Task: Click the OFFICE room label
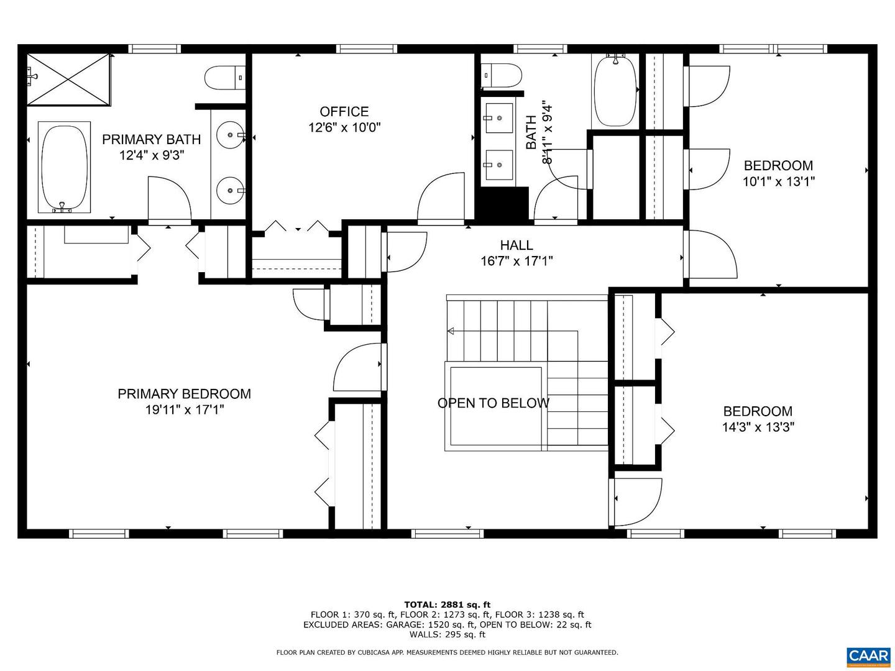point(344,111)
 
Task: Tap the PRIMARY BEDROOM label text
point(184,393)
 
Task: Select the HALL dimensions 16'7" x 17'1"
point(516,261)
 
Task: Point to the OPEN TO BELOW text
point(493,403)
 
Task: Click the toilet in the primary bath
point(224,78)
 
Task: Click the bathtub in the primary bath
point(65,167)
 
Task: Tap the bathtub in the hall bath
point(615,91)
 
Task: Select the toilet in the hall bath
point(502,75)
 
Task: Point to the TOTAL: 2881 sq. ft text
point(447,604)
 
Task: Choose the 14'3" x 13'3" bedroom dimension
point(758,427)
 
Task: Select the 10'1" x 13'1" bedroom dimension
point(778,181)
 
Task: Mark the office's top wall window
point(366,49)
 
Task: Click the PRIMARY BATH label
point(151,139)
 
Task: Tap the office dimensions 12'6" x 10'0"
point(344,127)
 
